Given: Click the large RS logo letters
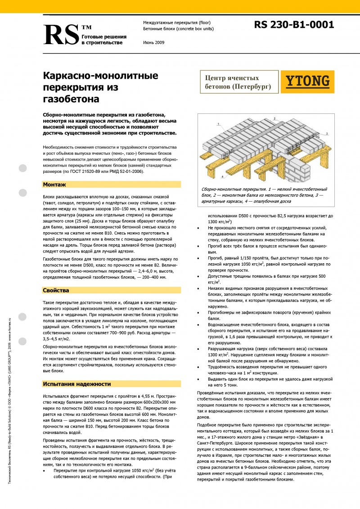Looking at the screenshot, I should [x=61, y=34].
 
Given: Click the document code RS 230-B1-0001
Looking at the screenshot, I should [x=294, y=25].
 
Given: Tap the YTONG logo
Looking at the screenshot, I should [x=308, y=81].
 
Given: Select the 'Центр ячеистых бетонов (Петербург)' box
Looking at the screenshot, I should [x=238, y=82].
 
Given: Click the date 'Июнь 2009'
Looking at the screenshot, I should [x=153, y=42].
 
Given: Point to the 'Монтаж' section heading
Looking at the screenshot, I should [x=54, y=185].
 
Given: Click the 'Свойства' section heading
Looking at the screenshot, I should [x=56, y=290].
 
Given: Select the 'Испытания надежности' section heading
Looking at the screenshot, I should [x=76, y=384].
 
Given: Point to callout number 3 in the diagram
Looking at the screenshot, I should [x=328, y=133].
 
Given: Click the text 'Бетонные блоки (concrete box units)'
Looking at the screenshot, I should [x=178, y=29].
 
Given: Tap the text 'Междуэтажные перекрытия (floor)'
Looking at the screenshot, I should [x=176, y=23].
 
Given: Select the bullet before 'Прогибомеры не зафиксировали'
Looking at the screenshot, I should [x=199, y=311].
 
